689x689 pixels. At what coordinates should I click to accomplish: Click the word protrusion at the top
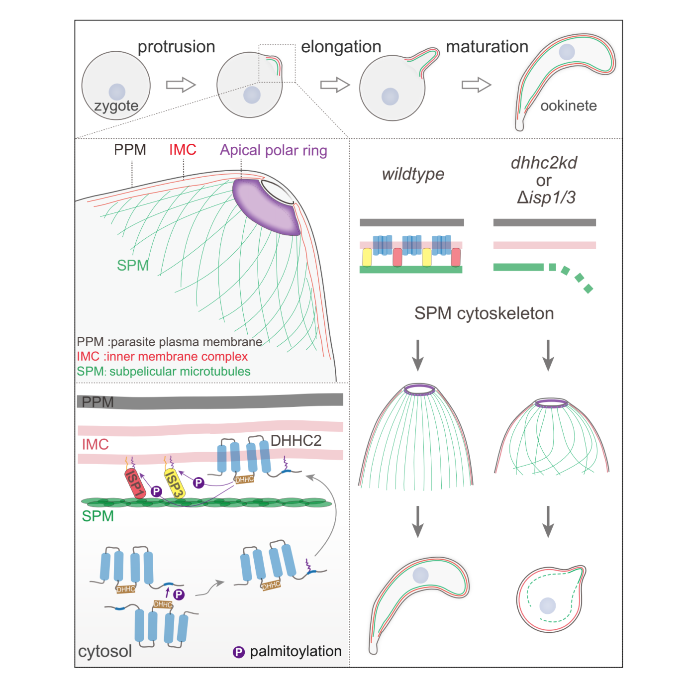tap(176, 47)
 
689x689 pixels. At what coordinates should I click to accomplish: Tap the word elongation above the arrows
tap(341, 47)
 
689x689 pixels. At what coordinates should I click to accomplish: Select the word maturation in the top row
tap(487, 47)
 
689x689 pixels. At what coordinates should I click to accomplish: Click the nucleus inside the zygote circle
tap(117, 92)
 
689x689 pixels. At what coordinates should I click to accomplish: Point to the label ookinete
tap(568, 105)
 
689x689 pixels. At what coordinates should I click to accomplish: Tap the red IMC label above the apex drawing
tap(183, 150)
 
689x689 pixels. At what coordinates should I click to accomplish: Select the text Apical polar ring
tap(274, 150)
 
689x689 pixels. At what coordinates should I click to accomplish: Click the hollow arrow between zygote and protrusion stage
tap(181, 85)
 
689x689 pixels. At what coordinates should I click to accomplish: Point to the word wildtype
tap(413, 174)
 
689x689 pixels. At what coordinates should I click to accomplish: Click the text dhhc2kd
tap(544, 163)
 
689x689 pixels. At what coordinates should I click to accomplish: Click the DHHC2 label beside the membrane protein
tap(295, 440)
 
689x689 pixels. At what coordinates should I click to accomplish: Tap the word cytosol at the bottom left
tap(105, 651)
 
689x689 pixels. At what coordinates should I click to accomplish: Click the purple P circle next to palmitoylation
tap(239, 652)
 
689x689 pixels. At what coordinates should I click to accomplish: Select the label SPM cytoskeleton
tap(484, 313)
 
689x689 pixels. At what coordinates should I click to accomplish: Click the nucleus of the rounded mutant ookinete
tap(548, 606)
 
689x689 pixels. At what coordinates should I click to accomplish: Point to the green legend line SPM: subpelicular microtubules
tap(163, 372)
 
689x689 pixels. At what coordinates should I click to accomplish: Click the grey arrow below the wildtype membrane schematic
tap(418, 355)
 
